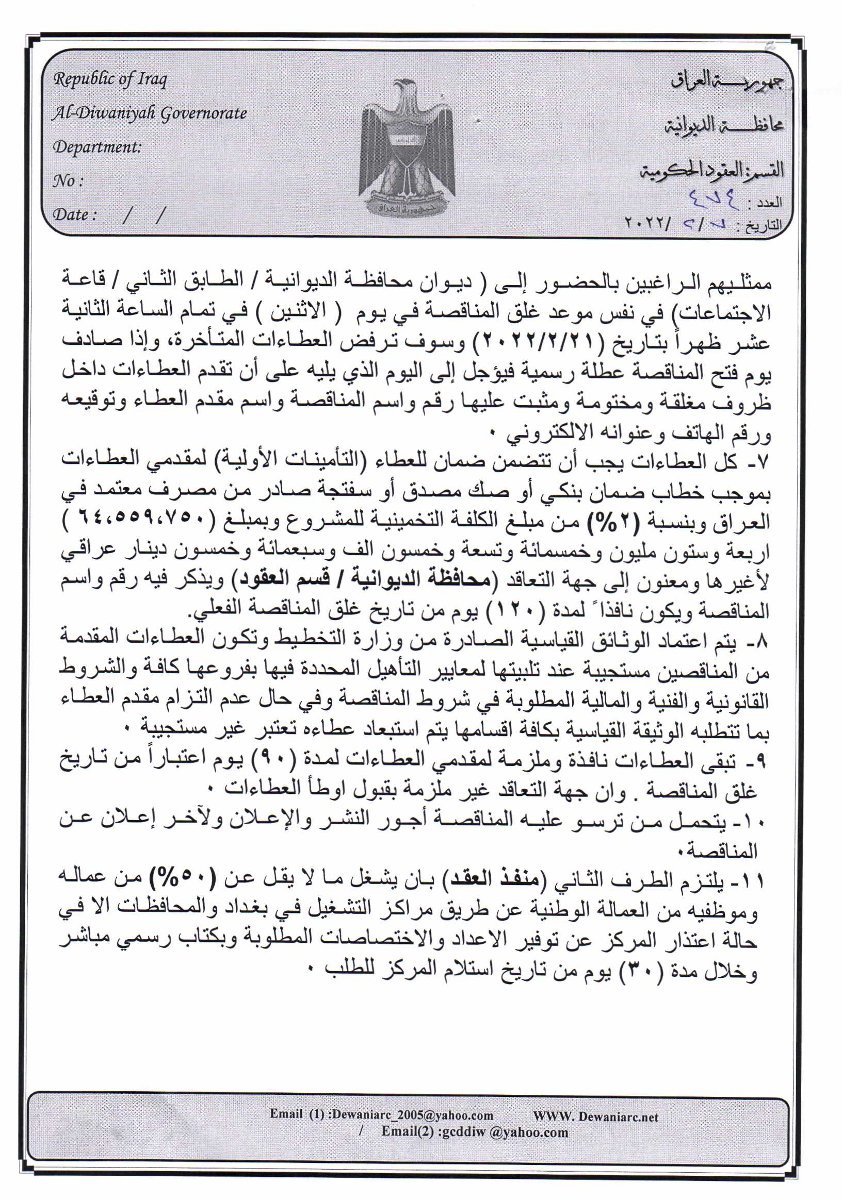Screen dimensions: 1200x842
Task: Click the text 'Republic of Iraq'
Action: point(110,79)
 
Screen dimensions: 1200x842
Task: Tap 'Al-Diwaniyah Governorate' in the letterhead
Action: point(149,113)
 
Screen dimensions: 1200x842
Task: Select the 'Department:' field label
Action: point(97,147)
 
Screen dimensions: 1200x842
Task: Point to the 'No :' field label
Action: point(68,181)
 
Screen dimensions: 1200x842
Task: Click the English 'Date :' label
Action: point(74,215)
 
